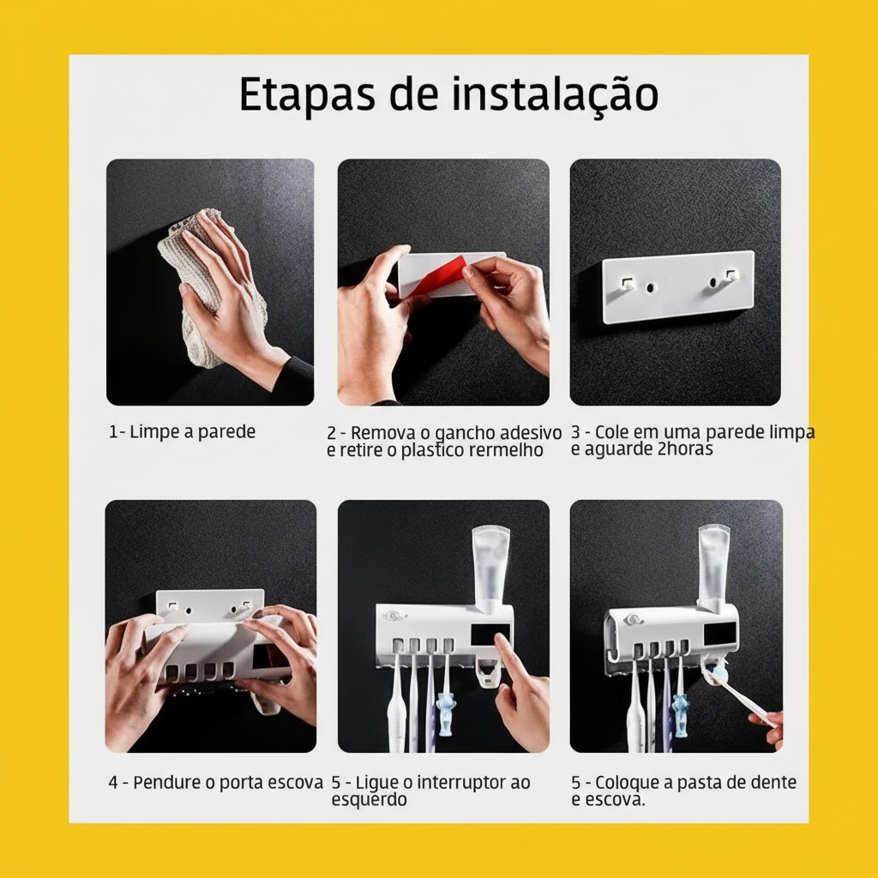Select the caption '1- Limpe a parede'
[182, 431]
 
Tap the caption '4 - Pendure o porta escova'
[215, 782]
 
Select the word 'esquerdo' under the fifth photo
[369, 799]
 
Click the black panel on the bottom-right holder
[719, 632]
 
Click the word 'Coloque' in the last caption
[626, 782]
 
